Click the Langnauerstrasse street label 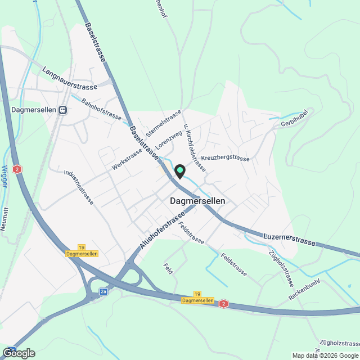pos(70,79)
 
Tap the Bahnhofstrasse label pos(102,109)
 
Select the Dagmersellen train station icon pos(64,110)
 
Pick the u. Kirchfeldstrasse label pos(192,146)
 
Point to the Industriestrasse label pos(78,187)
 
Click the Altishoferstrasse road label pos(162,232)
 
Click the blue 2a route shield pos(103,291)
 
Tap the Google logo pos(18,353)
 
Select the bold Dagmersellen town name pos(197,201)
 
